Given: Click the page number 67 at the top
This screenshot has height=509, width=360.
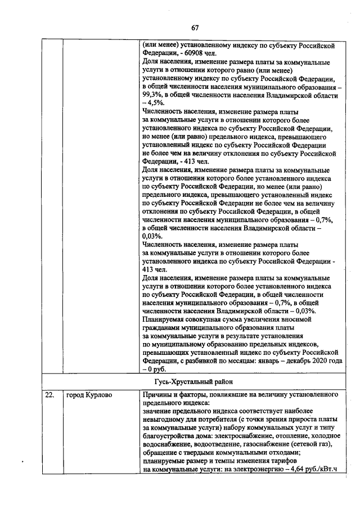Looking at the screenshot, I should click(195, 28).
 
